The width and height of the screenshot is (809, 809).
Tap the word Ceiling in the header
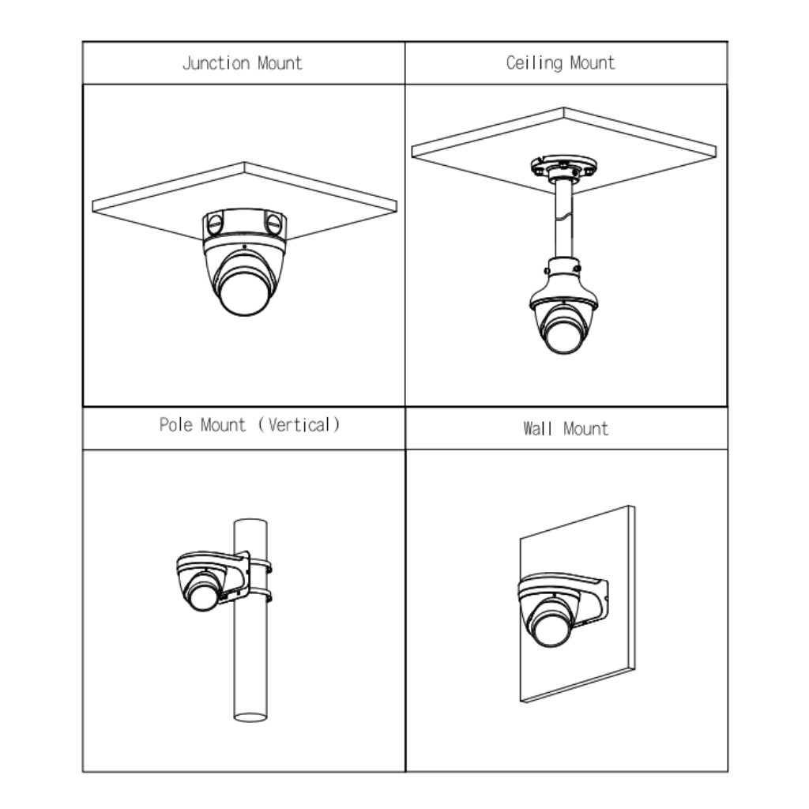point(534,63)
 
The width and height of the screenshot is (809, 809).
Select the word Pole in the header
point(176,425)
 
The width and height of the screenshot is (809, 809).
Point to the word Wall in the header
point(537,429)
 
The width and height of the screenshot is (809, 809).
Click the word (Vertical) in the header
point(299,425)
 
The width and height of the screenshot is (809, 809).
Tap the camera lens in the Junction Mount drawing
point(244,294)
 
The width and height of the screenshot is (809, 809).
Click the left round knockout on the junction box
point(215,224)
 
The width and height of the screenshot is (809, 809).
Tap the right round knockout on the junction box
point(273,224)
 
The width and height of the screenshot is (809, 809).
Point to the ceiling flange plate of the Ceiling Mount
point(564,166)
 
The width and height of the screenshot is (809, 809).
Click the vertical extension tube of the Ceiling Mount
point(564,220)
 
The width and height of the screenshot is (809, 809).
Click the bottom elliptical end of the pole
point(250,717)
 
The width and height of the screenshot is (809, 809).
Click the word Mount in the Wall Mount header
point(586,429)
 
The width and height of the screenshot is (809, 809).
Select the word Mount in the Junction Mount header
point(280,63)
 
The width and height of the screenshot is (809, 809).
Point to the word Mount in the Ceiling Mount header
point(593,63)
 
